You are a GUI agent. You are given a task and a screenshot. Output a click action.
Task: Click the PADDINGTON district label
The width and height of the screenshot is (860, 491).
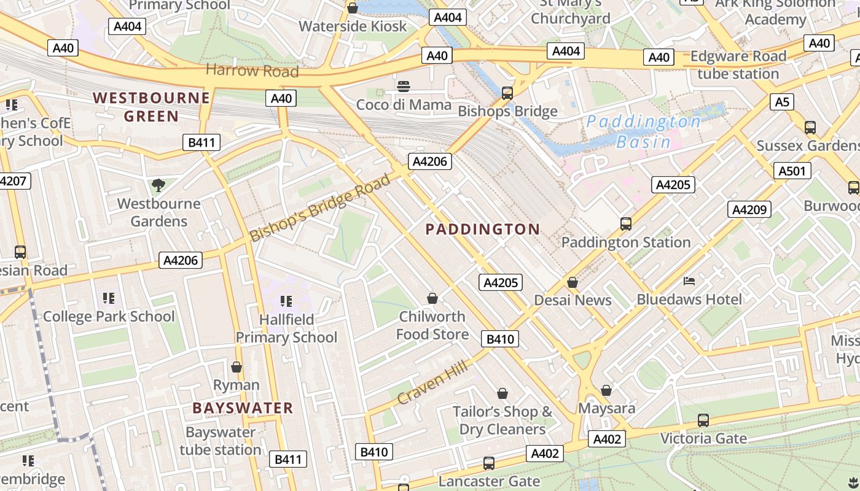coord(483,230)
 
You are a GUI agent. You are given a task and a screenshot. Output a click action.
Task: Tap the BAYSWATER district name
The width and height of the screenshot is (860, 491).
coord(243,408)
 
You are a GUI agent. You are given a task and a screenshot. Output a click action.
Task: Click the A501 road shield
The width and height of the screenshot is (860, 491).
coord(792,171)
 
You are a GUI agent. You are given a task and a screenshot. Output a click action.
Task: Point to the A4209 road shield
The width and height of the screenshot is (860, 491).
coord(749,209)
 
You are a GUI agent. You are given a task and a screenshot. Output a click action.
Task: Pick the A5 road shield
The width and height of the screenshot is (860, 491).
coord(781,101)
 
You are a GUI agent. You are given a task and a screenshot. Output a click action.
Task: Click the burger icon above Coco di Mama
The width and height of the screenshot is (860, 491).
coord(404,87)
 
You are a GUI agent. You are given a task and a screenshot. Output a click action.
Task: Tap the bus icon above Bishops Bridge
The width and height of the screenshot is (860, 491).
coord(507,93)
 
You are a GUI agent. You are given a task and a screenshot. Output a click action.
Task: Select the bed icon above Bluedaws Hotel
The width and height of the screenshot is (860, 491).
coord(689,281)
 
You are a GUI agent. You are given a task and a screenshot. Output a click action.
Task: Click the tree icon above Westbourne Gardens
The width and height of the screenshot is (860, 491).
coord(158,185)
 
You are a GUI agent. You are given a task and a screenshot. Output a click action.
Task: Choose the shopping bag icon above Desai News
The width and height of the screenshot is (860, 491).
coord(573,282)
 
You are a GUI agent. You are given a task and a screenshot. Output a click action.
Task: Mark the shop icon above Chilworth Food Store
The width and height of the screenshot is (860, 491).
coord(432,298)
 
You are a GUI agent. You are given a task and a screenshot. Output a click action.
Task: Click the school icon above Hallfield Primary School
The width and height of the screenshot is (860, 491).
coord(286,301)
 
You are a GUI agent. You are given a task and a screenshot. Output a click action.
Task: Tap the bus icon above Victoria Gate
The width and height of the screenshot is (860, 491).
coord(703,420)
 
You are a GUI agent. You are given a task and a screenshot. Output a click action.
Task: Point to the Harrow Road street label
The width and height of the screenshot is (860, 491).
coord(252,71)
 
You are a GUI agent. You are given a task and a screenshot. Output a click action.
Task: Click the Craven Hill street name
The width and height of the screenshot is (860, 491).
coord(432,382)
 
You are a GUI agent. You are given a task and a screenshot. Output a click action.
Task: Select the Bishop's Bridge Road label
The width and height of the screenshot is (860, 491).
coord(320,208)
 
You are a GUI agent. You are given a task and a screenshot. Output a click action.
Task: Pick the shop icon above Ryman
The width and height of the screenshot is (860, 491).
coord(237,367)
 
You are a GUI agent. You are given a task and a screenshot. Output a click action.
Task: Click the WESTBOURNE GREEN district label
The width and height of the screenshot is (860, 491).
coord(151,107)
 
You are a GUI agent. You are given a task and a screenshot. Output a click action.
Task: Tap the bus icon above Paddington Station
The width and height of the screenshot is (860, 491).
coord(626,224)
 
